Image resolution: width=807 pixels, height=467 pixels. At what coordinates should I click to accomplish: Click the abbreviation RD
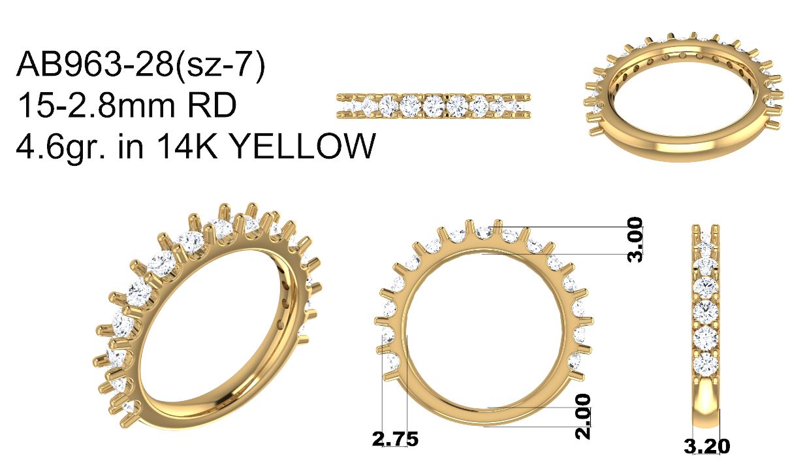pos(215,105)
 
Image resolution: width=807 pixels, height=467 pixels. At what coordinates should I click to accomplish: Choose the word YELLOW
pos(302,145)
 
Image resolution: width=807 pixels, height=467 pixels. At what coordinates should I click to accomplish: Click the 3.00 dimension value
pos(635,239)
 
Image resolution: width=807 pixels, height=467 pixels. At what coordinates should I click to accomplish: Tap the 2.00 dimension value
pos(582,416)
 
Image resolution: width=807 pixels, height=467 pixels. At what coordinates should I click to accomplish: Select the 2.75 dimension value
pos(395,439)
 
